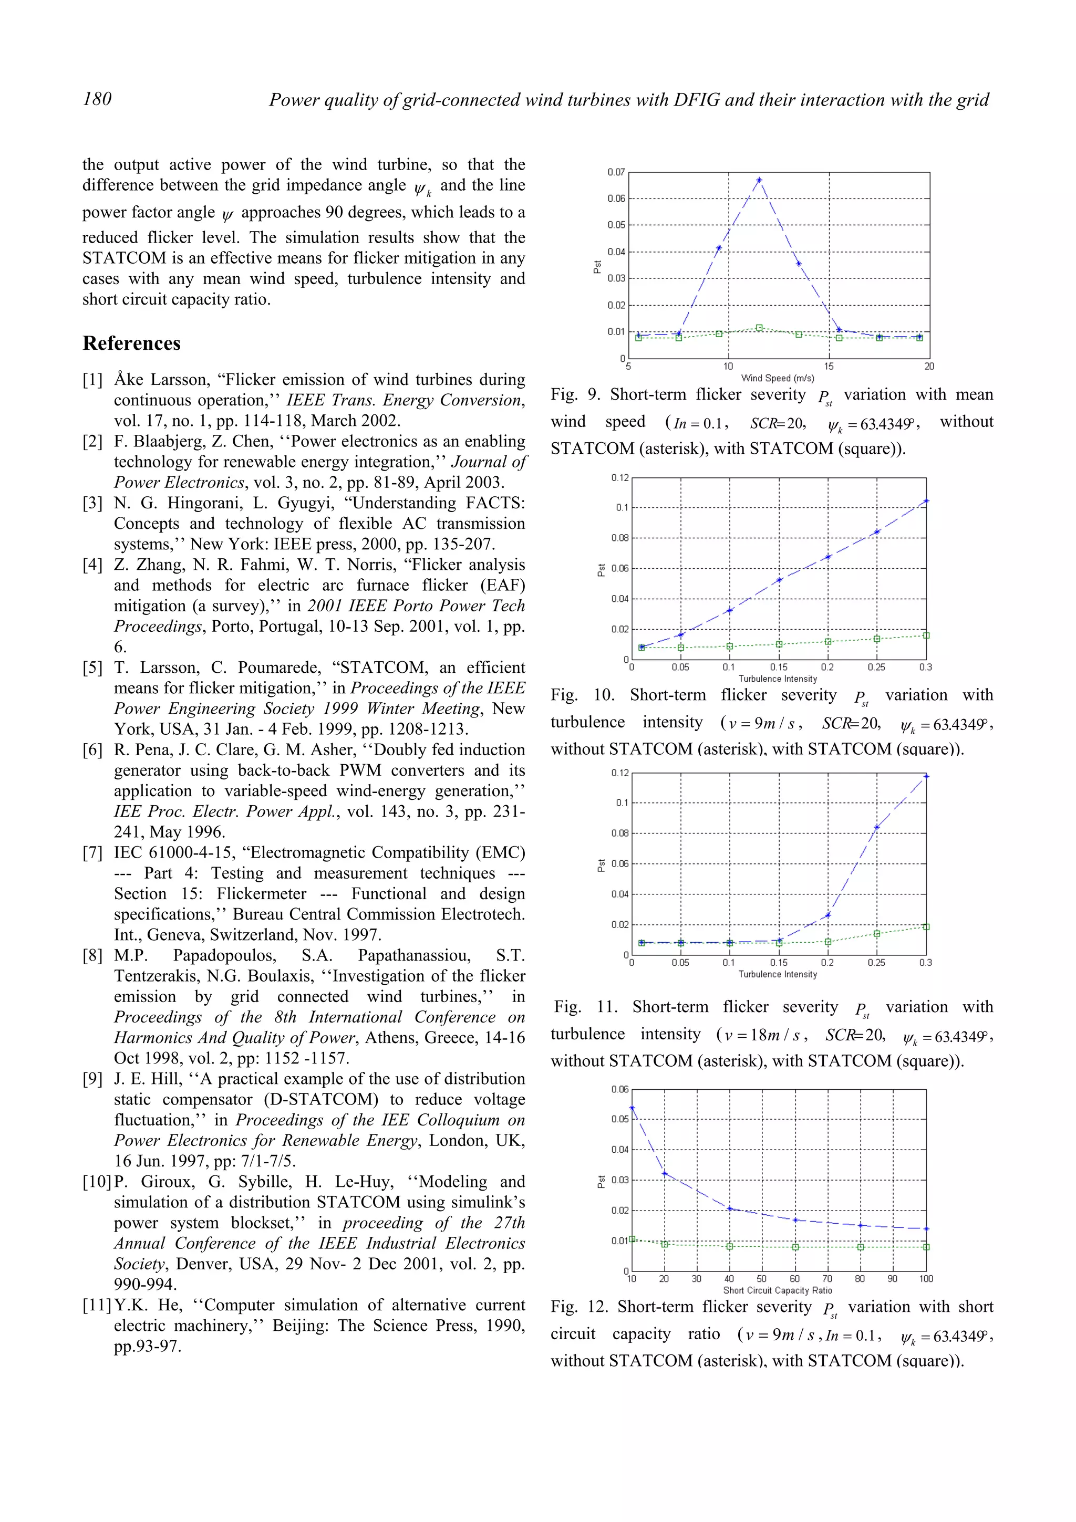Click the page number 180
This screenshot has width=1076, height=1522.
(97, 99)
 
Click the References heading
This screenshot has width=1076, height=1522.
(131, 343)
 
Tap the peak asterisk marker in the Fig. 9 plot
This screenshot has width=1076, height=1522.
(759, 180)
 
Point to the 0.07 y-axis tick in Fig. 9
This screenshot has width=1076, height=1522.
(616, 172)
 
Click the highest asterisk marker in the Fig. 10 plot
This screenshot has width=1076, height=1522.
(926, 501)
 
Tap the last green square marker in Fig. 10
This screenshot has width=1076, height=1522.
(926, 635)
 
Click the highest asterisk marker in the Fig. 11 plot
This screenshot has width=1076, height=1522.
(926, 776)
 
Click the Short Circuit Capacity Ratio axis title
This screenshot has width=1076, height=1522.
(778, 1290)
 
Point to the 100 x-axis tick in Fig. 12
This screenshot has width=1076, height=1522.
(926, 1279)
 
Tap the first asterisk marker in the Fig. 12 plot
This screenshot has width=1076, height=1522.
(632, 1108)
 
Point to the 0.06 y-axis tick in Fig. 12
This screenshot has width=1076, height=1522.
(619, 1089)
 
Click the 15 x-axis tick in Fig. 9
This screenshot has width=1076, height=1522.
(829, 367)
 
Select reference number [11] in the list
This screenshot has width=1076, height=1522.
(97, 1305)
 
